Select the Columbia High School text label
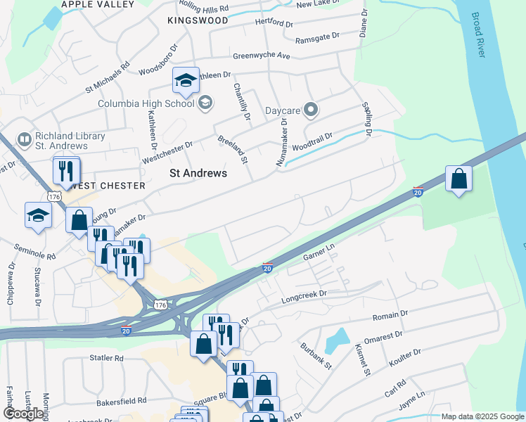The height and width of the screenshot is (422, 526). click(x=146, y=104)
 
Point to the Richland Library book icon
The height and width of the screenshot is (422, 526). click(x=25, y=140)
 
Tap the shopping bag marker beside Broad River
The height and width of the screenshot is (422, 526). click(x=458, y=179)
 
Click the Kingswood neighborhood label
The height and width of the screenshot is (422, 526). click(x=198, y=21)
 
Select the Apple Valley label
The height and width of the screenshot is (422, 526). click(x=97, y=4)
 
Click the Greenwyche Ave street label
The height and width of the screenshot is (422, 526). click(x=261, y=56)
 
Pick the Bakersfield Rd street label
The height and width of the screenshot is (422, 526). click(x=122, y=400)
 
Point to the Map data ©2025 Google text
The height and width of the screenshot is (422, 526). click(x=482, y=417)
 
